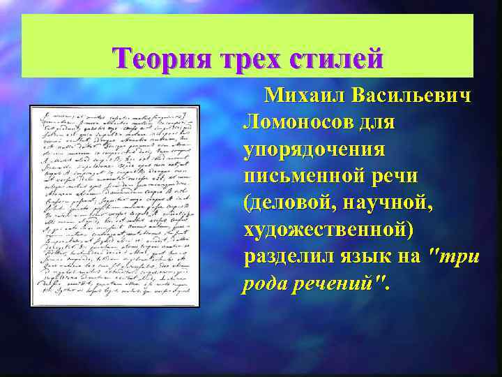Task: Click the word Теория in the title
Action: (x=157, y=57)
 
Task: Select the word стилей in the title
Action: (x=336, y=57)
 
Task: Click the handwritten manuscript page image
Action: (x=115, y=206)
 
